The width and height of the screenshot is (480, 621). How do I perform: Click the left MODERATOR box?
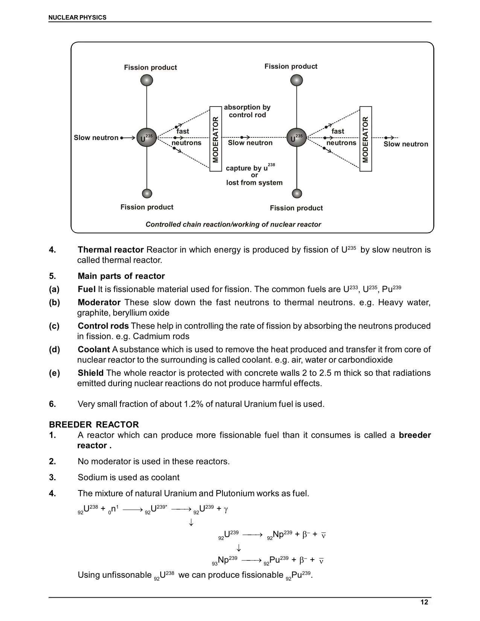click(215, 139)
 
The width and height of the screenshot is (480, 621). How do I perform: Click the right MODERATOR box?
click(366, 139)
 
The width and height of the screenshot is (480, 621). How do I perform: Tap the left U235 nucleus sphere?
click(146, 138)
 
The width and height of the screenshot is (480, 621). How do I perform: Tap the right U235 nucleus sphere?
click(297, 138)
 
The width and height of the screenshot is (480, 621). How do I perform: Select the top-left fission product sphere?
click(146, 80)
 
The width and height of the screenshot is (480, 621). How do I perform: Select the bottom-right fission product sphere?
click(297, 193)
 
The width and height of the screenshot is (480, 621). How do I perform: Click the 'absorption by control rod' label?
click(247, 111)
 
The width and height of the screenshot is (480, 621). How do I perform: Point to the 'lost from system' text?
click(254, 183)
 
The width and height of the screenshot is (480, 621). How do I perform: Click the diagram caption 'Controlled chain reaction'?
click(233, 224)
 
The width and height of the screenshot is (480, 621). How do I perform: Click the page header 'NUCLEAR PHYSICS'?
click(78, 17)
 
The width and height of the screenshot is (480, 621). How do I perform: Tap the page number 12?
click(424, 602)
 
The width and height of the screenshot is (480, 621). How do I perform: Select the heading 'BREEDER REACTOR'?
click(94, 425)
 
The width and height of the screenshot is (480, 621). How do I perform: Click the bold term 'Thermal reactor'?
click(111, 250)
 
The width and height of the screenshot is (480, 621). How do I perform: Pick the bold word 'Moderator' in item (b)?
click(99, 302)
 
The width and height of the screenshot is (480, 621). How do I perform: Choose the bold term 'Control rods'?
click(103, 326)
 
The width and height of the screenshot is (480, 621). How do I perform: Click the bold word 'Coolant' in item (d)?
click(94, 349)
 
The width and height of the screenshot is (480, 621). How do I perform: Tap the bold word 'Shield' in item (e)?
click(90, 373)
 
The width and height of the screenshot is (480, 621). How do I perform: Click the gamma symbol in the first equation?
click(226, 510)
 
